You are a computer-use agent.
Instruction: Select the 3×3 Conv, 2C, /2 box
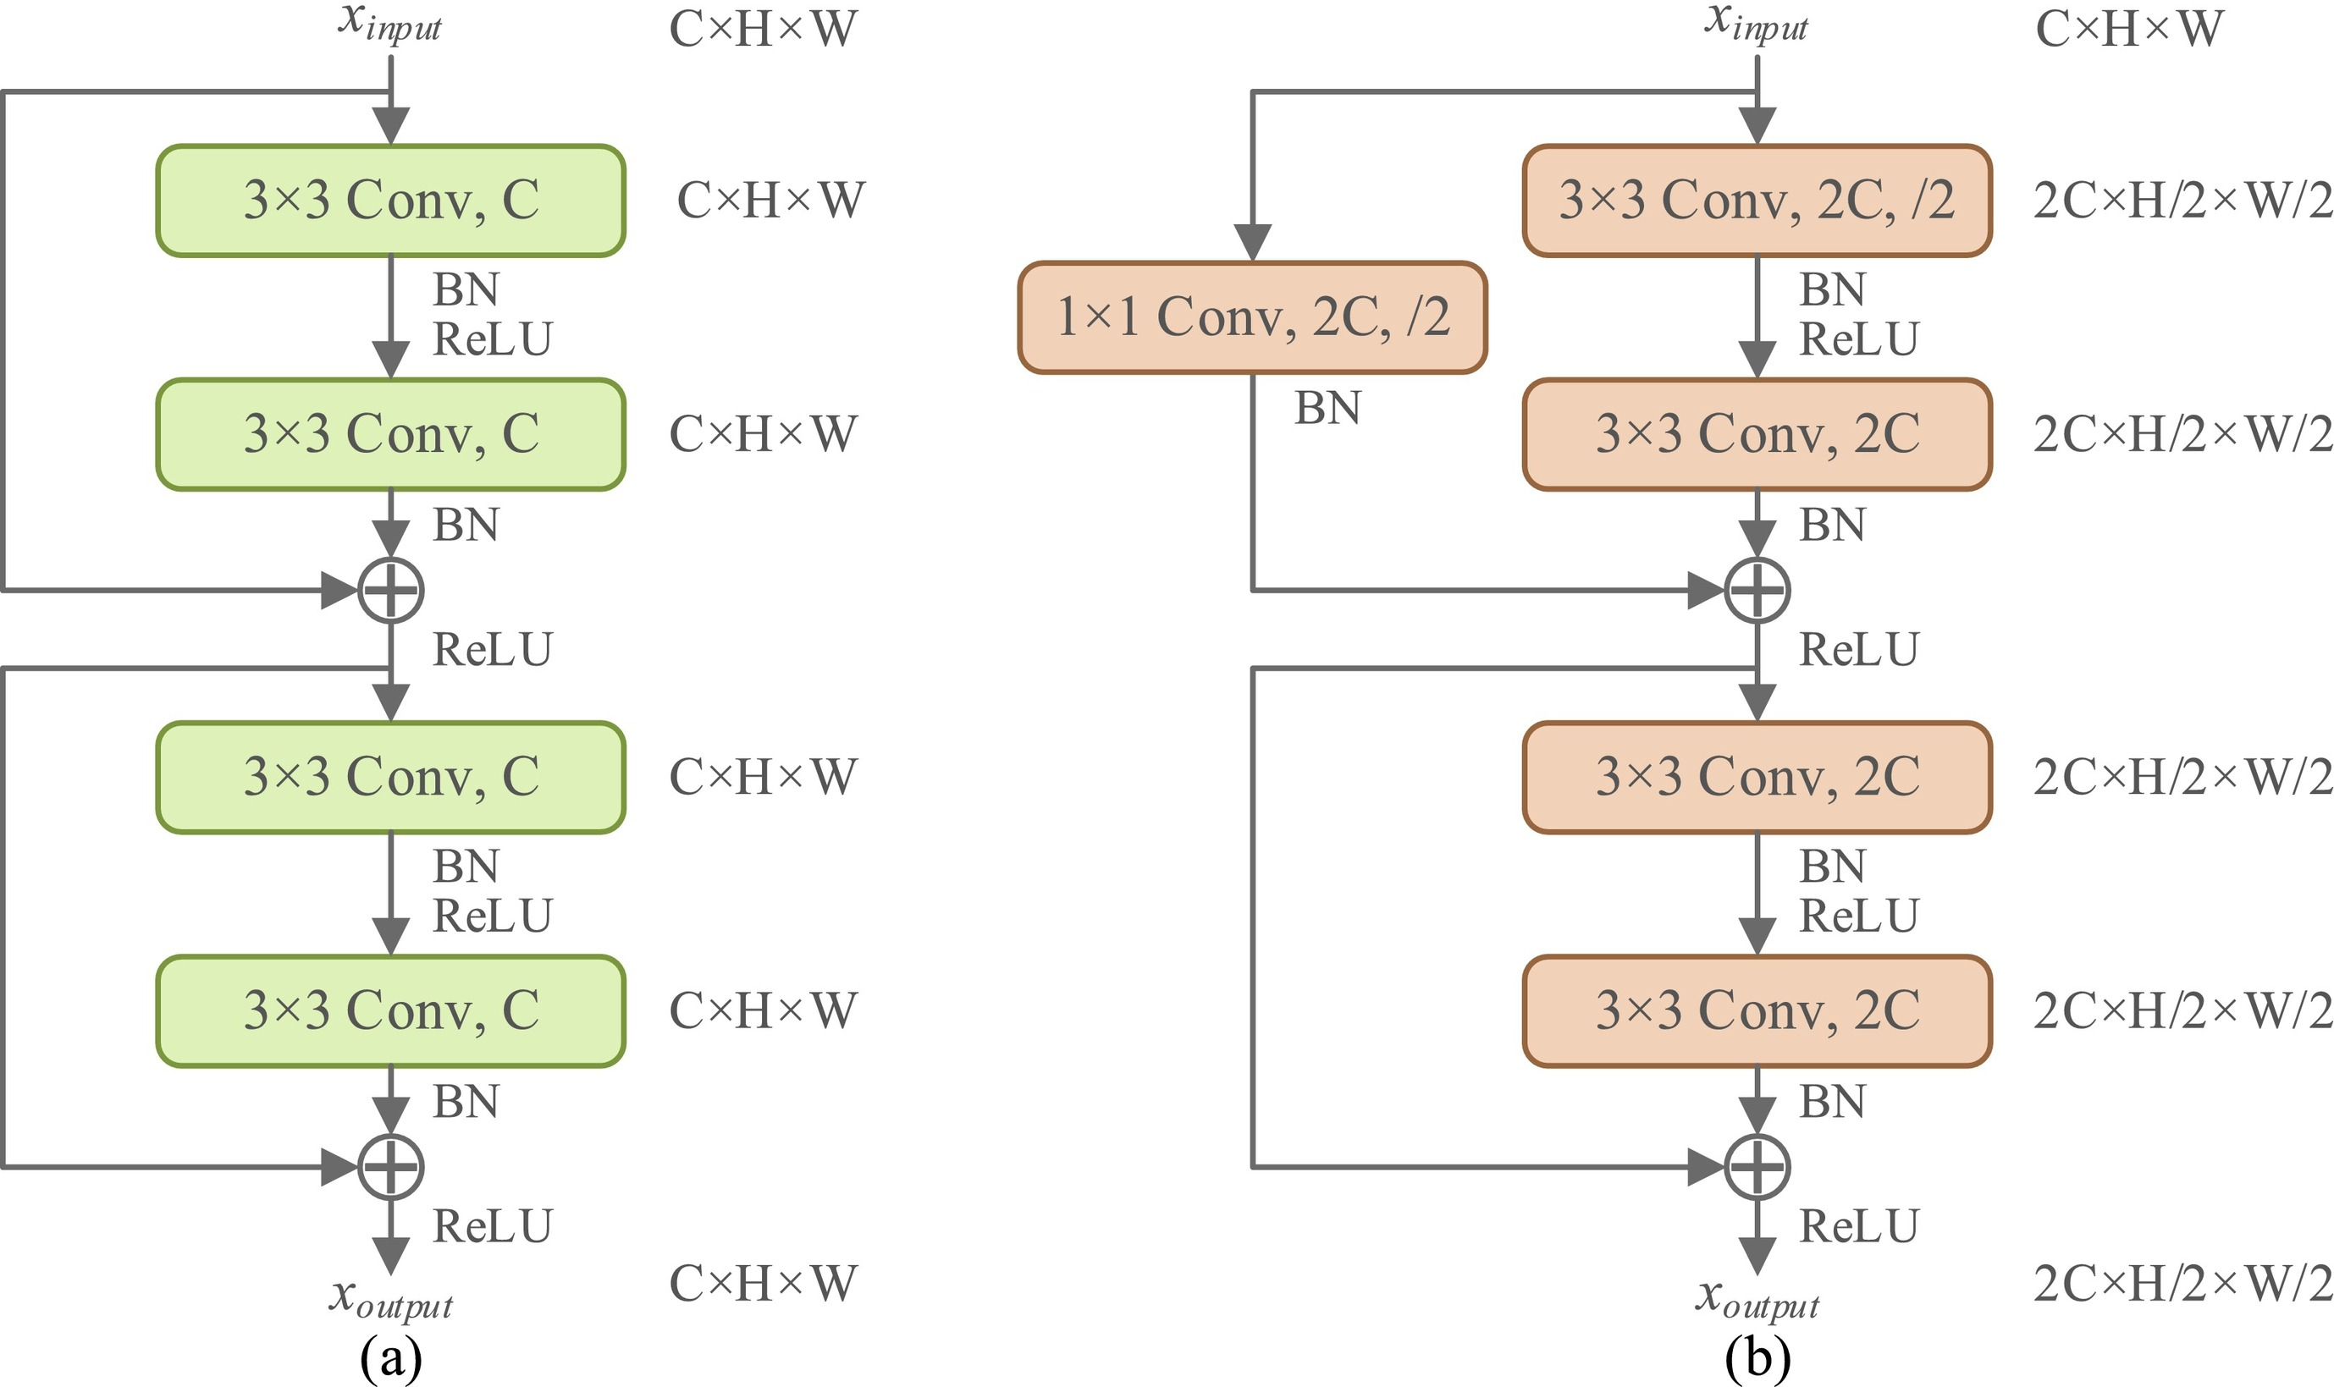pos(1757,201)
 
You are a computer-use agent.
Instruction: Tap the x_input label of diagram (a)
pos(389,23)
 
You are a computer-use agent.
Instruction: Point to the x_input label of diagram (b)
pos(1756,23)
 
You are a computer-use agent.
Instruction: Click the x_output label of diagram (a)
pos(391,1298)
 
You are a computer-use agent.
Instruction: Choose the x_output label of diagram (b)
pos(1757,1298)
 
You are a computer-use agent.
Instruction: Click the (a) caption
pos(391,1358)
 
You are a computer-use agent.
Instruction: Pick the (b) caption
pos(1757,1358)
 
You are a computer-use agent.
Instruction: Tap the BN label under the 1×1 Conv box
pos(1327,409)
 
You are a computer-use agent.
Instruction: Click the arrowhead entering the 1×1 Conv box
pos(1253,242)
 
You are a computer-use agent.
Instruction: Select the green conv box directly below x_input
pos(391,201)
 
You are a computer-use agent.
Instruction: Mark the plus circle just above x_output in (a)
pos(392,1167)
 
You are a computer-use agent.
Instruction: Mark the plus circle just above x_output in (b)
pos(1757,1167)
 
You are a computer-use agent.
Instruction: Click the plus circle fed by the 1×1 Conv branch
pos(1757,591)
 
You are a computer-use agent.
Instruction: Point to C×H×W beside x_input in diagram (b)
pos(2128,30)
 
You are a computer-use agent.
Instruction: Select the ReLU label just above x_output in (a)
pos(493,1226)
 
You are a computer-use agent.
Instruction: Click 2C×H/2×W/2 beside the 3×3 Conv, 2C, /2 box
pos(2182,201)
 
